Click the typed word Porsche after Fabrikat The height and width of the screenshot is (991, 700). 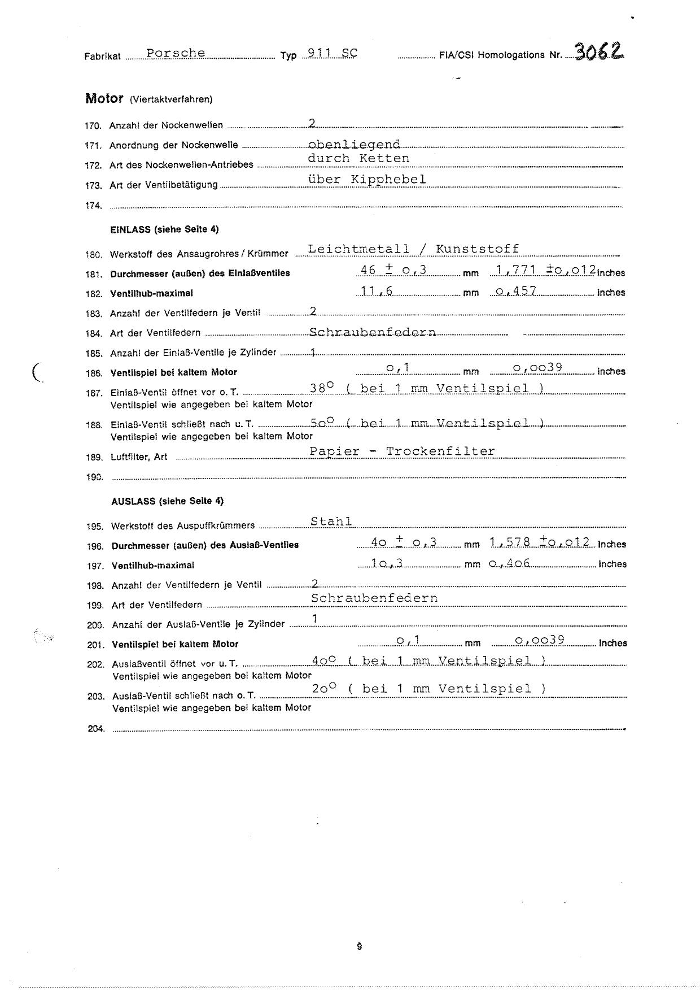[x=176, y=53]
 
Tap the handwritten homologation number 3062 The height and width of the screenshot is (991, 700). [x=600, y=52]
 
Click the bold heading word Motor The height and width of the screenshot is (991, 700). [x=104, y=98]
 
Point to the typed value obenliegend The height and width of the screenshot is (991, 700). [x=355, y=145]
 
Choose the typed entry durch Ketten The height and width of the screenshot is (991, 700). [x=358, y=158]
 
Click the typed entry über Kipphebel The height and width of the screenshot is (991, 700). [x=367, y=179]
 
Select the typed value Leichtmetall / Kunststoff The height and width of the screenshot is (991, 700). [x=413, y=249]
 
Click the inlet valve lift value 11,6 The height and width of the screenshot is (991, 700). [x=377, y=291]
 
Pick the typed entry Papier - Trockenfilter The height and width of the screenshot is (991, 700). [x=402, y=451]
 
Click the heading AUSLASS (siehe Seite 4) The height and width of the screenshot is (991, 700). [x=167, y=501]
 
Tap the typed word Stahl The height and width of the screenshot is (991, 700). [x=332, y=521]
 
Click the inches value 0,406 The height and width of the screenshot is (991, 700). [x=510, y=563]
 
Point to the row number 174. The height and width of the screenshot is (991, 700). [x=93, y=206]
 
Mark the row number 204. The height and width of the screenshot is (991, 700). [x=96, y=729]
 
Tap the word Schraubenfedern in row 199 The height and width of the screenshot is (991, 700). [x=374, y=598]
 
